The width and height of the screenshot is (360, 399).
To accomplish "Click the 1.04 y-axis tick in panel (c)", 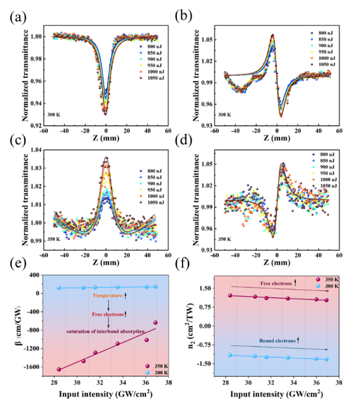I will click(33, 149).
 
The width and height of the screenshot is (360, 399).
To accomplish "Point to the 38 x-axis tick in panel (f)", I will click(339, 382).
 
